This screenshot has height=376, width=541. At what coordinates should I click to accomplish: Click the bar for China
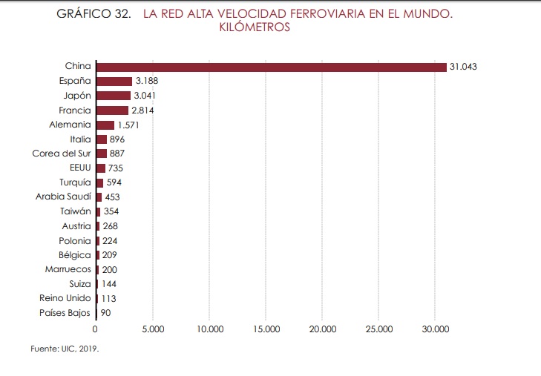[x=271, y=67]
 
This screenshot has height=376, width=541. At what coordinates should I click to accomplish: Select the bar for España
[x=114, y=81]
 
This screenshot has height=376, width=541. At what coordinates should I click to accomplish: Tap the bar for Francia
[x=112, y=110]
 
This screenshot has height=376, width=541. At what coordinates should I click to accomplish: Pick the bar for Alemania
[x=105, y=125]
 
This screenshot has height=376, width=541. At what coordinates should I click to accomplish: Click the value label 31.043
[x=463, y=67]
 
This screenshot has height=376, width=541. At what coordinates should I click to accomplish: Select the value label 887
[x=117, y=154]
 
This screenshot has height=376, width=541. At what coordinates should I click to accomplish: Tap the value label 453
[x=112, y=197]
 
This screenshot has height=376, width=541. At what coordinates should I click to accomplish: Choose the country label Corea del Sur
[x=62, y=154]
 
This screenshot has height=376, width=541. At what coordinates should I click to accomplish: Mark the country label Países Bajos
[x=65, y=313]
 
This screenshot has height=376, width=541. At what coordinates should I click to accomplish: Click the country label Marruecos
[x=68, y=269]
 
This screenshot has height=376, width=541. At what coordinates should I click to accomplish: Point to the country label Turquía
[x=75, y=182]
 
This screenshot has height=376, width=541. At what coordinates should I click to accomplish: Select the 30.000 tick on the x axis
[x=436, y=328]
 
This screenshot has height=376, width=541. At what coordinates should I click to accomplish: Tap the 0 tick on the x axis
[x=95, y=328]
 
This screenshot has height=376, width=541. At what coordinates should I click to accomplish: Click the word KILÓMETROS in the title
[x=255, y=28]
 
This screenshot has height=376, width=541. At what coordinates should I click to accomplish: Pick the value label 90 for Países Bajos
[x=105, y=313]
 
